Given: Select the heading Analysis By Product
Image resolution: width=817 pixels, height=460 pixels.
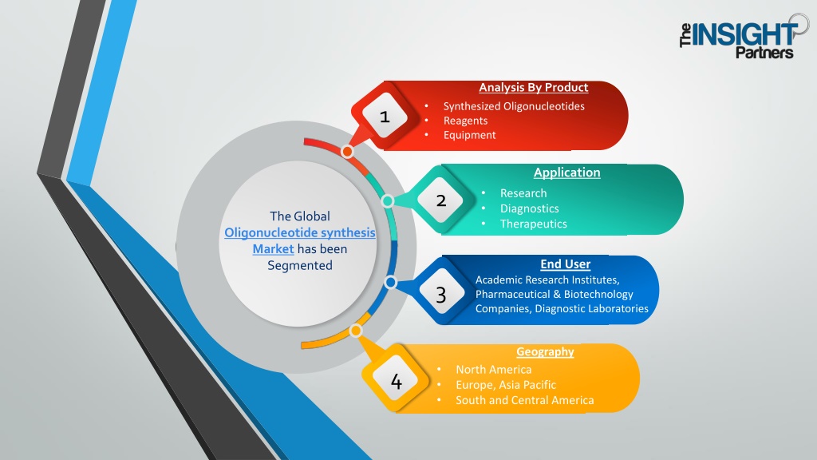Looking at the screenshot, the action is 534,88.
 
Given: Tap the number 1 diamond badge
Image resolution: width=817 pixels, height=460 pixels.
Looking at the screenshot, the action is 385,116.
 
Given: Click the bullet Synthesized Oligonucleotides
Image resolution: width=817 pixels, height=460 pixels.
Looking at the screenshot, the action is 514,106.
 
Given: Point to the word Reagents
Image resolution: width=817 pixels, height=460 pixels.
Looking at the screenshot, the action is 465,121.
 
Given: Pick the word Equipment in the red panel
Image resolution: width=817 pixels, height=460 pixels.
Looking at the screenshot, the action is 469,135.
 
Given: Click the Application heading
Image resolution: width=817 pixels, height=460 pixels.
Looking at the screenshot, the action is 567,172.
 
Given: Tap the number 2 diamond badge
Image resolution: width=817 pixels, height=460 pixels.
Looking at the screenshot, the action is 440,200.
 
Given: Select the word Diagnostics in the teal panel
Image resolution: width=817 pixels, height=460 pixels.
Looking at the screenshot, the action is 530,208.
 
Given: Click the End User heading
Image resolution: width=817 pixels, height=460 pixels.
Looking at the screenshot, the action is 566,264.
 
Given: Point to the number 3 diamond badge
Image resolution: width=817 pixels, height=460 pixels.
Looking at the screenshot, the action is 440,295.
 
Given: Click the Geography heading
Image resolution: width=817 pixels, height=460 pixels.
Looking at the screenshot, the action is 545,352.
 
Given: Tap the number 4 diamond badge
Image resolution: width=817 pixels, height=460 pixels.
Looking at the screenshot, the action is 396,381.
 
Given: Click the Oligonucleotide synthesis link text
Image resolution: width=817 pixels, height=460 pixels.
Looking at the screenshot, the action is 300,232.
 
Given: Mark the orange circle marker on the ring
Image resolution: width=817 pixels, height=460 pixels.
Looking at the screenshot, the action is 356,331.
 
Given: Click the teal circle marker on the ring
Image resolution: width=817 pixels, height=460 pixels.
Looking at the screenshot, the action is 387,200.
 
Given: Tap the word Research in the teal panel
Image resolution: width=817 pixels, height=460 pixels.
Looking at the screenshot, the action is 523,193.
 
